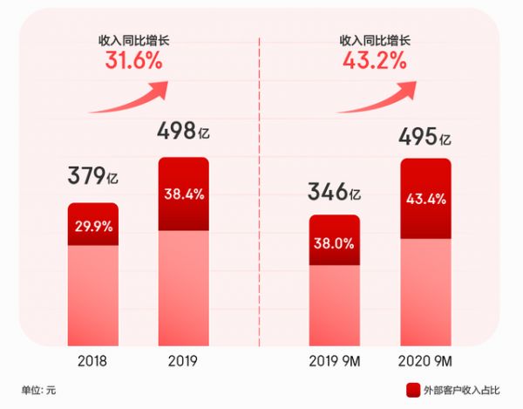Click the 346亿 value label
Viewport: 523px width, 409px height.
tap(335, 189)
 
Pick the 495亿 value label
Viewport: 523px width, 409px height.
tap(425, 137)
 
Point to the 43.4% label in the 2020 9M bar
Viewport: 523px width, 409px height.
tap(425, 199)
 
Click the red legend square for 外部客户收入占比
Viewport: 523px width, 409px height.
tap(411, 388)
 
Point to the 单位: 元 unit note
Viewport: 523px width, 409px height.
tap(39, 388)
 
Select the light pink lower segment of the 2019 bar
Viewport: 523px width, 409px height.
tap(183, 288)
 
